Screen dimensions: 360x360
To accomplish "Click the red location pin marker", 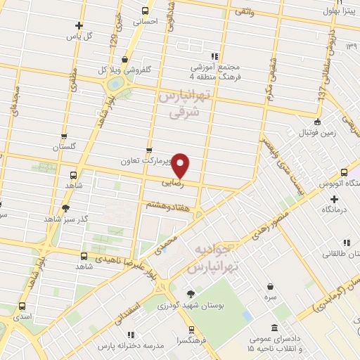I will (x=181, y=165).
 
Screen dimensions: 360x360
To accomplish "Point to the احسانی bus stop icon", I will (x=145, y=11).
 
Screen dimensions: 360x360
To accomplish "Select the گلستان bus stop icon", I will (x=64, y=136).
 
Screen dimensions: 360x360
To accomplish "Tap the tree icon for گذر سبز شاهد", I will (x=66, y=207).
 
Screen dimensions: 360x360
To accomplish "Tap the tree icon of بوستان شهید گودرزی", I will (x=191, y=294).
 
